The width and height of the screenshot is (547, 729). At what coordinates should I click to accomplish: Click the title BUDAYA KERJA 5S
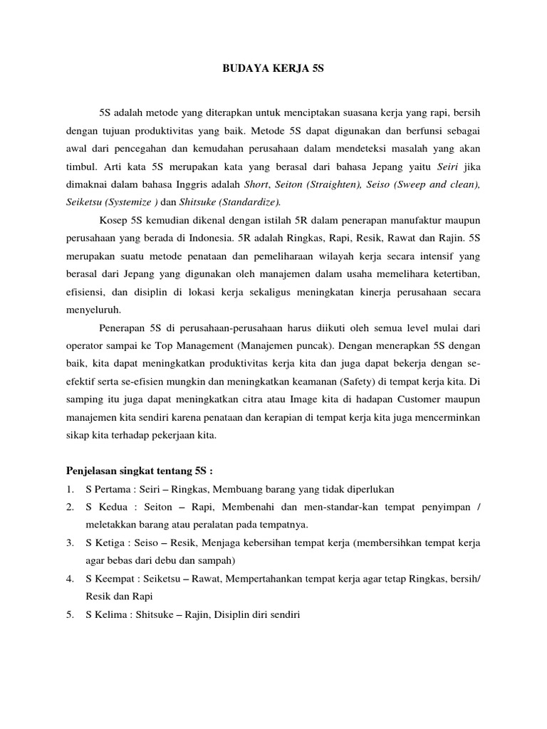click(x=273, y=70)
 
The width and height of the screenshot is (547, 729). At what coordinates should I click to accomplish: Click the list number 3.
click(x=70, y=542)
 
